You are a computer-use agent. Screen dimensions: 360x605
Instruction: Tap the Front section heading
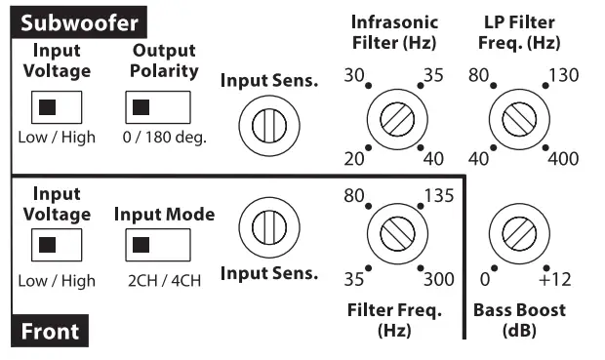point(50,332)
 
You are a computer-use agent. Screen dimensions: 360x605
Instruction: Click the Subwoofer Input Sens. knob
point(264,124)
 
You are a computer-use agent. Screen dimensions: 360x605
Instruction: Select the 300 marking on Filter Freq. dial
point(439,280)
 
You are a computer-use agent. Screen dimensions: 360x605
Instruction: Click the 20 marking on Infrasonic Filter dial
point(355,159)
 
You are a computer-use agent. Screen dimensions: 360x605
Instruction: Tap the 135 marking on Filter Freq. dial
point(440,195)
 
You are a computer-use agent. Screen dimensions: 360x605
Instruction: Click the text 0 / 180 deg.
point(164,137)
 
